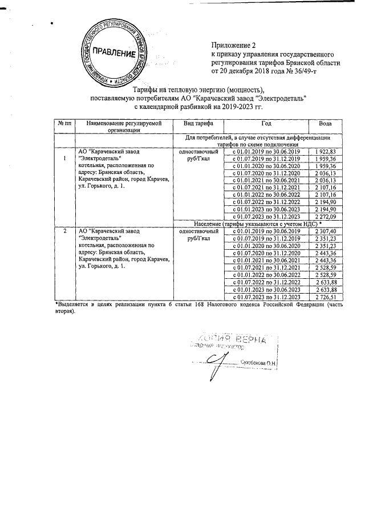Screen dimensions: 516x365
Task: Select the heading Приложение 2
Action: pos(234,44)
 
